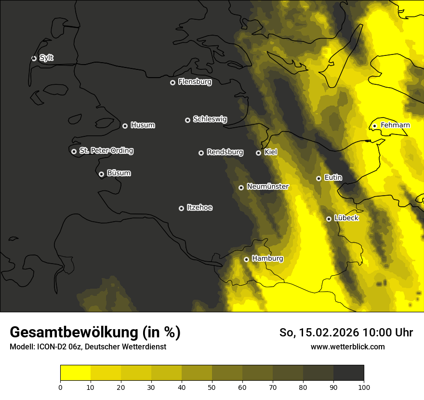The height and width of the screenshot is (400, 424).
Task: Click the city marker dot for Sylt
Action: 34,58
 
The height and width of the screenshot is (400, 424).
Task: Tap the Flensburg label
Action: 195,82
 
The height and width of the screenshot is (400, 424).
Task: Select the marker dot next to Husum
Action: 125,126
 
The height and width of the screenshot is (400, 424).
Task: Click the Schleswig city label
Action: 210,119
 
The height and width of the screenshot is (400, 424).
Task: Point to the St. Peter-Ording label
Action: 106,151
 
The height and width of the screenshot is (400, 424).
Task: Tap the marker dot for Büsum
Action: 101,174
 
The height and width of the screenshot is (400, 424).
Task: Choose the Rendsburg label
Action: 225,152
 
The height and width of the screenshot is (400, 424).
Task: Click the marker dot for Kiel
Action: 258,153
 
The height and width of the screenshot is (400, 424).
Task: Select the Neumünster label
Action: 267,187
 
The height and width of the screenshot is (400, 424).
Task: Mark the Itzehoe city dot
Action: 181,208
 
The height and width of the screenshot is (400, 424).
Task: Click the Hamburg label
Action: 267,259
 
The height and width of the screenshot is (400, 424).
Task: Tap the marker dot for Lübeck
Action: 329,219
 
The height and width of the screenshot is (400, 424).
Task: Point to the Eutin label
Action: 333,178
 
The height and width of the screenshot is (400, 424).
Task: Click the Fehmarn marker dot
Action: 374,126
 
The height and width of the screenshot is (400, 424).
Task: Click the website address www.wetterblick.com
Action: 347,347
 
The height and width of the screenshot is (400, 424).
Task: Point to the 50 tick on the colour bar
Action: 212,387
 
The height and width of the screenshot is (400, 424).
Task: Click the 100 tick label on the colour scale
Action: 364,387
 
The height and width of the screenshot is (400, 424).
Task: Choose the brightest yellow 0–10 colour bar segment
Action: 75,373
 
